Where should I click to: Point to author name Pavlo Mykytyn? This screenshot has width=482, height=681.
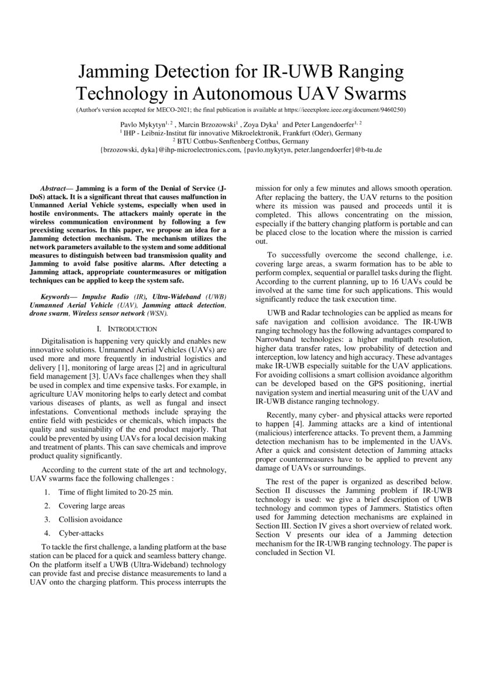[145, 124]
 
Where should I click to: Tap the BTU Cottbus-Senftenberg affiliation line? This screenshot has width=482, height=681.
[241, 141]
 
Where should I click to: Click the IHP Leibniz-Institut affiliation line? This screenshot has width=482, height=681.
[241, 133]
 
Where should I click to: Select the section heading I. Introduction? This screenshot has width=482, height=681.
[127, 329]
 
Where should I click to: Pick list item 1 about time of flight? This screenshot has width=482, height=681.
[108, 492]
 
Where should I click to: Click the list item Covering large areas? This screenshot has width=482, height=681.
[92, 506]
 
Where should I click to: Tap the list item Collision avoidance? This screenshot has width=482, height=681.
[90, 519]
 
